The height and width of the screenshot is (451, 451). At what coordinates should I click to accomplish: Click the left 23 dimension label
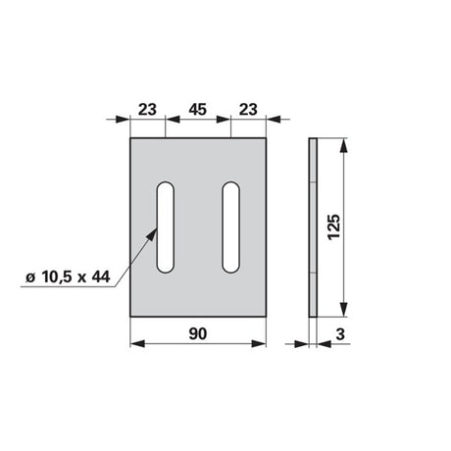pos(147,110)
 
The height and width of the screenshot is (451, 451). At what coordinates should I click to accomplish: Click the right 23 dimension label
pos(248,110)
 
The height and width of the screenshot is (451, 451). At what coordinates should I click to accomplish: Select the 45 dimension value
pos(198,110)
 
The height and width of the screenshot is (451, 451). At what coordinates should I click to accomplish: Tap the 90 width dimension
pos(198,333)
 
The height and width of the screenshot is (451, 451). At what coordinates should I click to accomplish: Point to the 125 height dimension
pos(334,227)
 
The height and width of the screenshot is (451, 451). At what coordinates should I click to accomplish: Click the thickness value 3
pos(340,334)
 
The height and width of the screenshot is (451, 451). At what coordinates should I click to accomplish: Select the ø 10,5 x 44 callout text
pos(68,277)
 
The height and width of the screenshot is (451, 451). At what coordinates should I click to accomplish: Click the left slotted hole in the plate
pos(166,227)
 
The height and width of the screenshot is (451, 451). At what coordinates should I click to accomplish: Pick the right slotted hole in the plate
pos(231,227)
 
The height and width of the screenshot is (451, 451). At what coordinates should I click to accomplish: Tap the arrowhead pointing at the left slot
pos(152,234)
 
